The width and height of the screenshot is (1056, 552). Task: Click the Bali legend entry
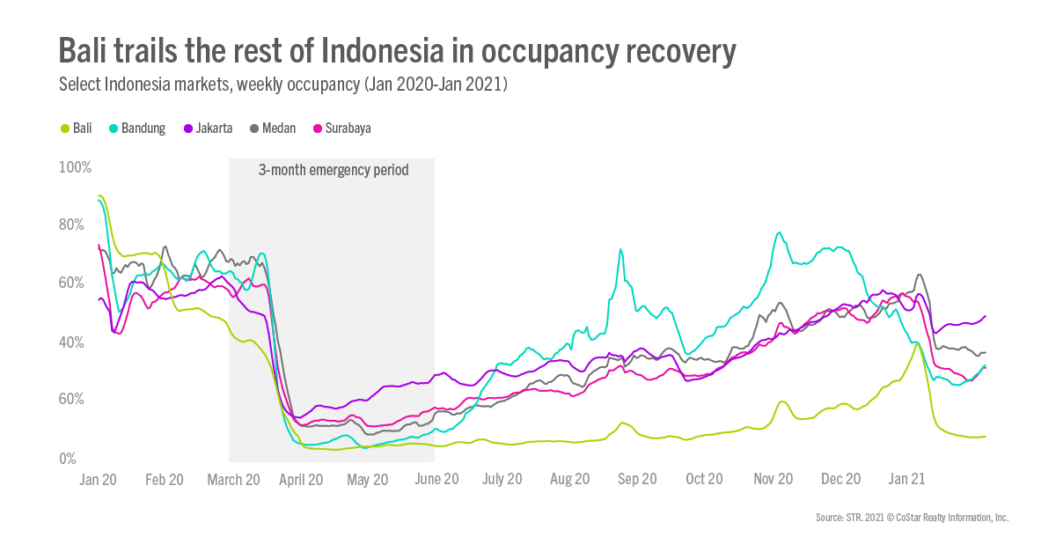[x=76, y=129]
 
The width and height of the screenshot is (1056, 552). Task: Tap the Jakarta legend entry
[x=208, y=129]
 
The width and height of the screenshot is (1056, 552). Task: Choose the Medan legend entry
[x=272, y=129]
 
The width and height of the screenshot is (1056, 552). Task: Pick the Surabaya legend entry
[x=341, y=129]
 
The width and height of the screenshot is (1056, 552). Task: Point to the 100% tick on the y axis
[x=75, y=167]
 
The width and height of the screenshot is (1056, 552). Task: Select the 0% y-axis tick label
[x=69, y=459]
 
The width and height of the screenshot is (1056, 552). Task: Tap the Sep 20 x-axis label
[x=637, y=480]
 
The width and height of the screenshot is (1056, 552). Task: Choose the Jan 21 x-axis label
[x=906, y=480]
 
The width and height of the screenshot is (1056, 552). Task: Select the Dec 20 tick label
[x=840, y=480]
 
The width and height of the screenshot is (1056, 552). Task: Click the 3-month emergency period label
[x=333, y=170]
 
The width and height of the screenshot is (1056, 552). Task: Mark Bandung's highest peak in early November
[x=778, y=233]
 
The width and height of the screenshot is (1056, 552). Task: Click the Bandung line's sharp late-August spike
[x=621, y=250]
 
